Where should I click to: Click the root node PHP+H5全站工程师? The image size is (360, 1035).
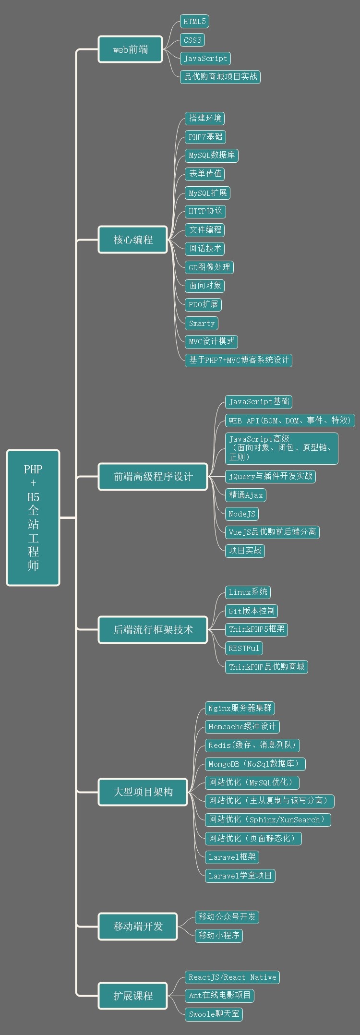click(33, 517)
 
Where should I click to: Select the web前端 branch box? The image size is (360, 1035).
click(131, 49)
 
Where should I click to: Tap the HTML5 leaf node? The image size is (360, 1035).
click(194, 21)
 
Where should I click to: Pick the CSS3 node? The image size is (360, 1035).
click(192, 40)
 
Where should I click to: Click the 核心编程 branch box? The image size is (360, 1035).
click(133, 240)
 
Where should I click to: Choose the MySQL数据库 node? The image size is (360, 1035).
click(212, 155)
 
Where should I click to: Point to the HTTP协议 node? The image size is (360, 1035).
click(205, 211)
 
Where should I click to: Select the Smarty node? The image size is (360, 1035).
click(202, 323)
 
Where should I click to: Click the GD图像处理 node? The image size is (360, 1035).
click(209, 267)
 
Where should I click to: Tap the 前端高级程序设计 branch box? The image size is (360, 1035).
click(153, 477)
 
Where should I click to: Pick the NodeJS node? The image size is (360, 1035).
click(242, 514)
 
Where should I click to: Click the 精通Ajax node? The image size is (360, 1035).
click(246, 495)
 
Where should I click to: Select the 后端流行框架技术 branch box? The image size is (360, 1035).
click(153, 629)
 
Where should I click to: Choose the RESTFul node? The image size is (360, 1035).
click(244, 648)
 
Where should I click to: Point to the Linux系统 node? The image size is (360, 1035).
click(248, 592)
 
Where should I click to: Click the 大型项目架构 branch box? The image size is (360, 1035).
click(143, 792)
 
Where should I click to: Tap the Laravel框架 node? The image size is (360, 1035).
click(232, 856)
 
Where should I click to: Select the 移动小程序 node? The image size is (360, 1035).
click(219, 935)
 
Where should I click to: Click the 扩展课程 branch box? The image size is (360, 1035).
click(133, 996)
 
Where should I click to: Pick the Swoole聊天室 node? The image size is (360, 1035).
click(214, 1014)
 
